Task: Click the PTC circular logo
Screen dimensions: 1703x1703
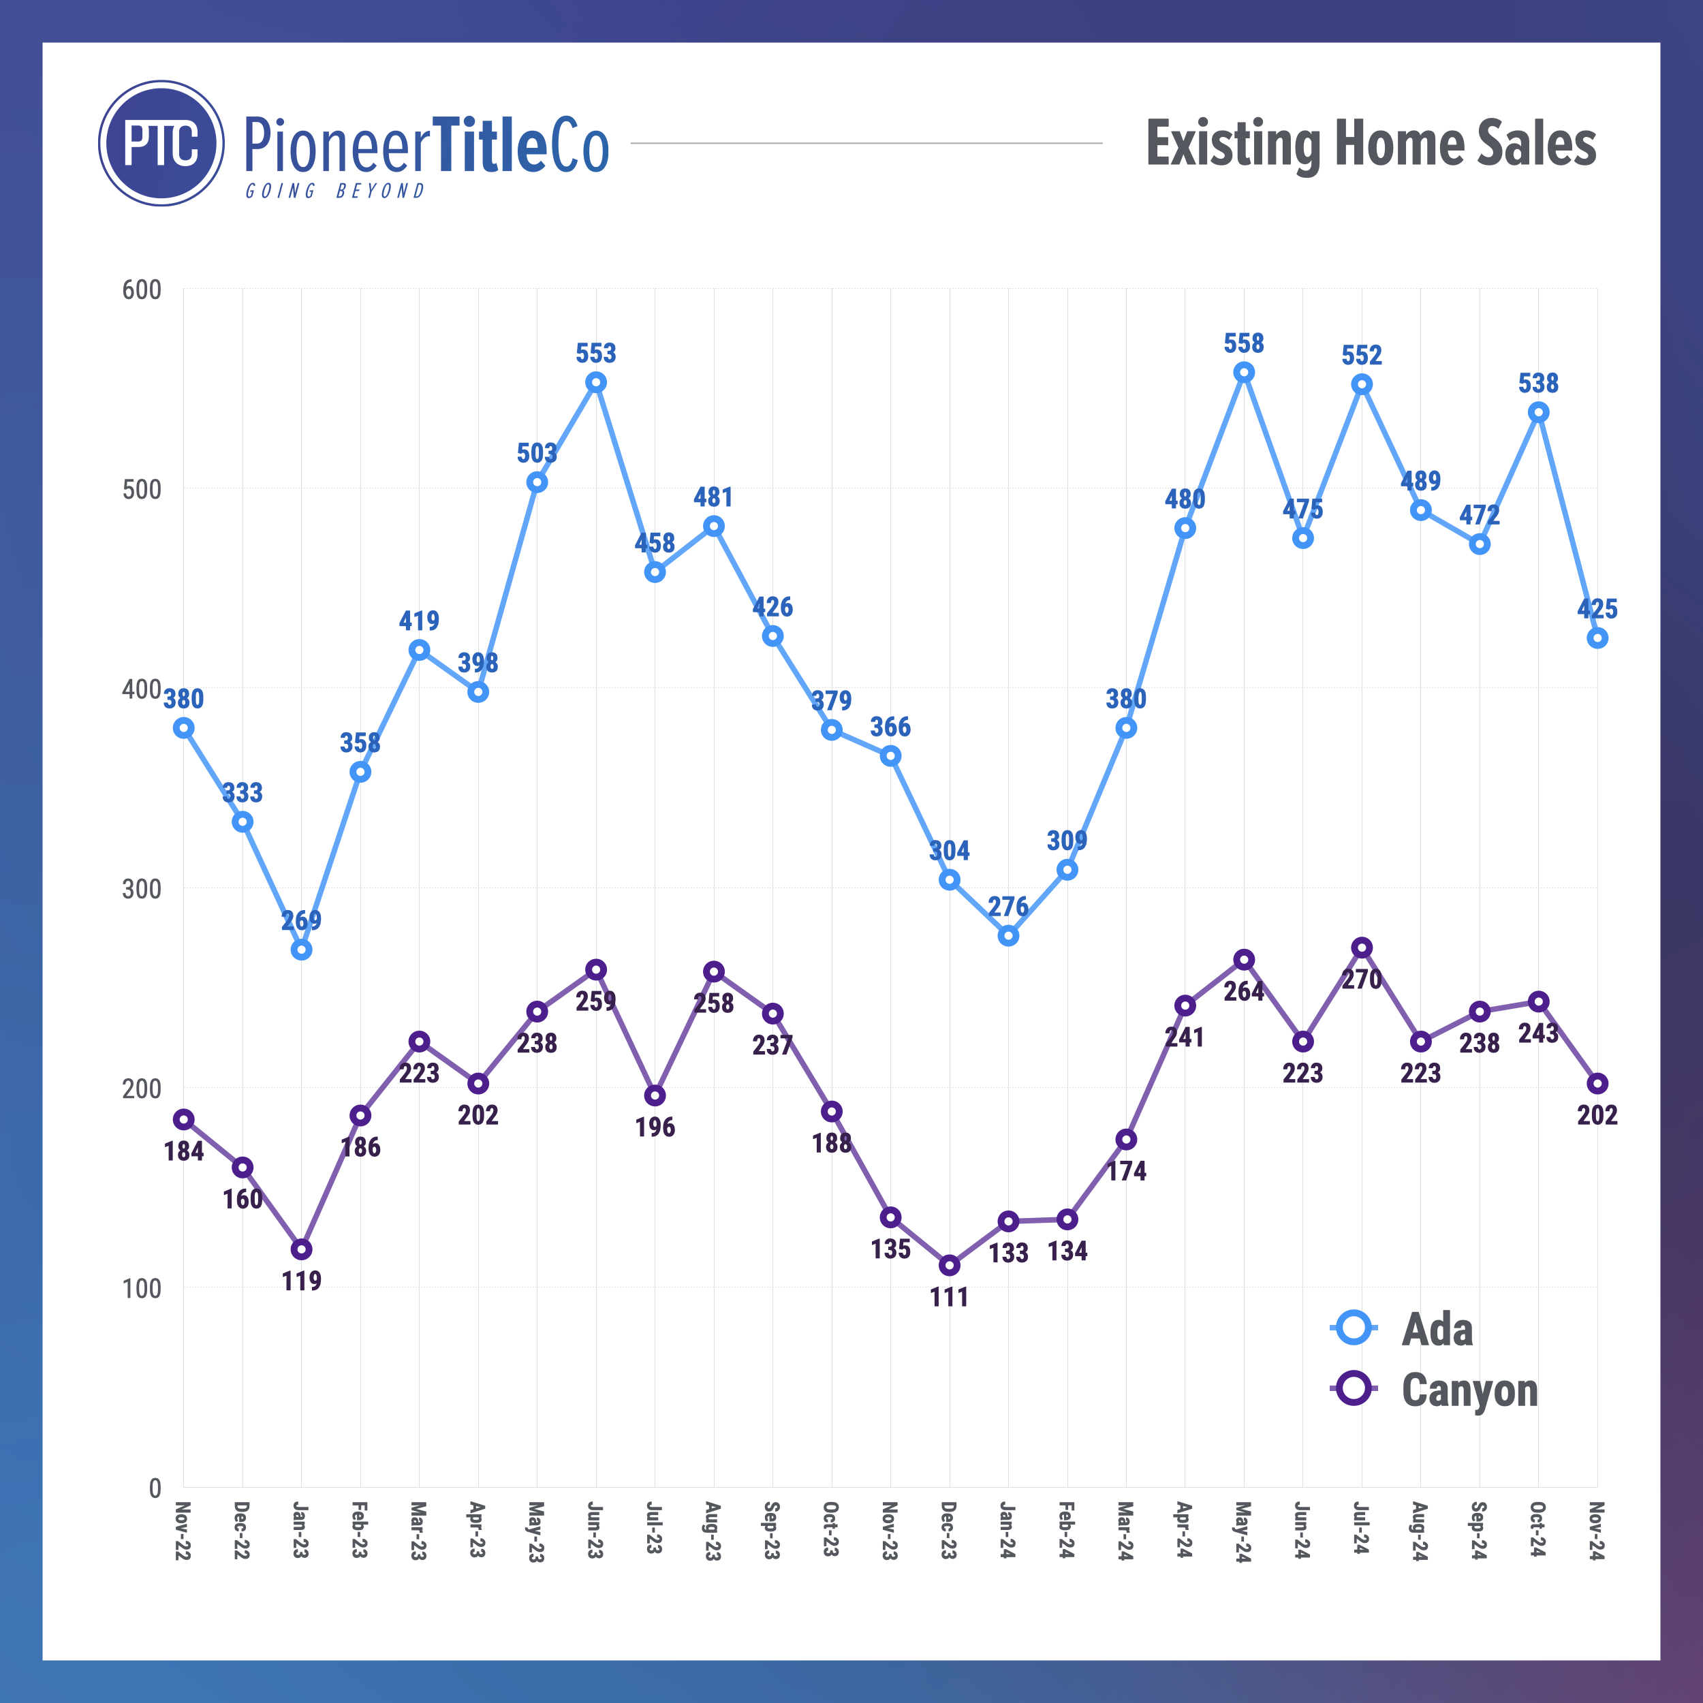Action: [161, 143]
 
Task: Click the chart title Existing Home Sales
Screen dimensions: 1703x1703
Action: [1371, 144]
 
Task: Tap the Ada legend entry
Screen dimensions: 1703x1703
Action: [1436, 1328]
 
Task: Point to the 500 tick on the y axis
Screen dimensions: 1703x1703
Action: [142, 489]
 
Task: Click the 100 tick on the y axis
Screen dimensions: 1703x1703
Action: [142, 1289]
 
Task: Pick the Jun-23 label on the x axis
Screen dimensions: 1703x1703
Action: [595, 1529]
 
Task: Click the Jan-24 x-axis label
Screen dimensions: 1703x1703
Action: [1007, 1529]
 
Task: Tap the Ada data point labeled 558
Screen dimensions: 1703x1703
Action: [1244, 373]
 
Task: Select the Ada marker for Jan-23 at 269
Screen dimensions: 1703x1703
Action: [302, 950]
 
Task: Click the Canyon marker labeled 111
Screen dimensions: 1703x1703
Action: [950, 1266]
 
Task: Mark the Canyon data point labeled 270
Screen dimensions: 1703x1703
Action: [1362, 948]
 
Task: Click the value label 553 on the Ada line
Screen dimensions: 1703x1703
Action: [596, 354]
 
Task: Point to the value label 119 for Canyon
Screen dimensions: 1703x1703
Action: [302, 1281]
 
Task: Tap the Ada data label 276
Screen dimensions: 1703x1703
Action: [1007, 906]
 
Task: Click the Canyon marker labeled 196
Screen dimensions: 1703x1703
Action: [655, 1095]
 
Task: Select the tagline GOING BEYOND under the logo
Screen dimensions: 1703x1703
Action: [335, 191]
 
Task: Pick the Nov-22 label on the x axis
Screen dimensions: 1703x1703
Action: [183, 1530]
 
